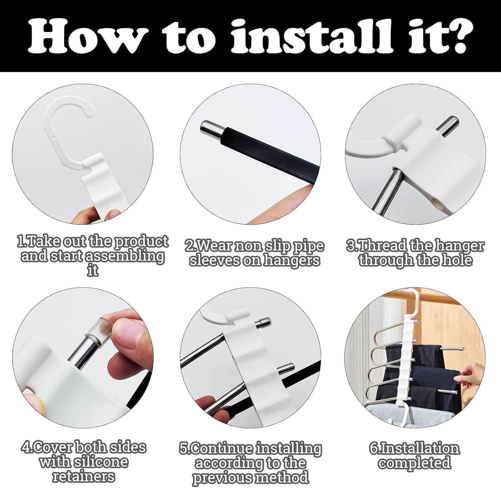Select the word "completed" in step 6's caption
coord(414,463)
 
